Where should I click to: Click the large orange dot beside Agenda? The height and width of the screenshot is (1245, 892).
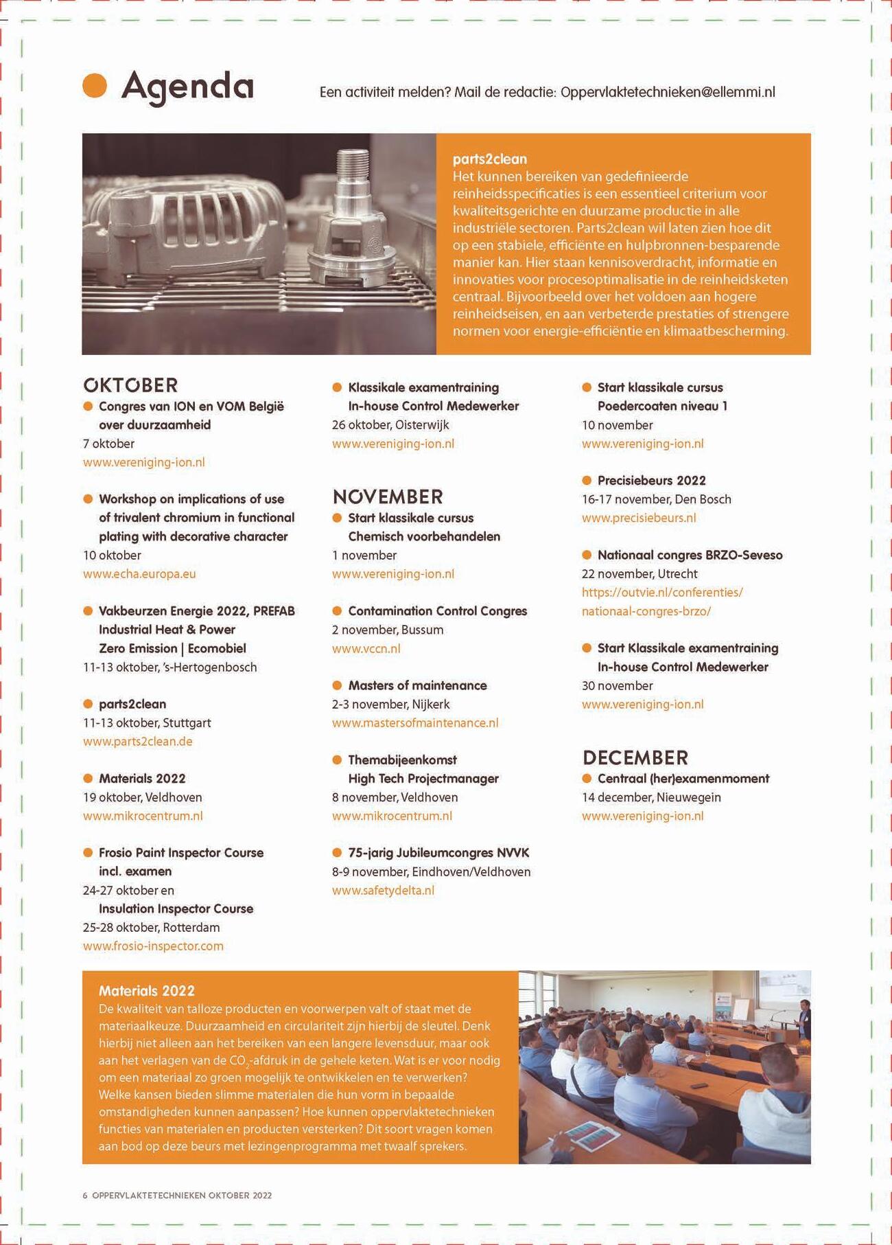(x=95, y=86)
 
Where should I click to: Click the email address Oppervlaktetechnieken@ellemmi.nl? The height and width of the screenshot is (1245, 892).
(x=668, y=92)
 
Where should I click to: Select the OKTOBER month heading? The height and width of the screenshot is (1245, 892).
(x=130, y=385)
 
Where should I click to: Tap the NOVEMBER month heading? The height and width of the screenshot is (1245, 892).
(x=388, y=496)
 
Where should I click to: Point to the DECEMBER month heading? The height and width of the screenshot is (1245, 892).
(x=635, y=757)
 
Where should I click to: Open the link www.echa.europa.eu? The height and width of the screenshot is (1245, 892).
(x=139, y=573)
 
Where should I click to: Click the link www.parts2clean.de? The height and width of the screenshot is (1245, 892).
(x=137, y=741)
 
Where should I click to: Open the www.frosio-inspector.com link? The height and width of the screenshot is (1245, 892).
(x=153, y=946)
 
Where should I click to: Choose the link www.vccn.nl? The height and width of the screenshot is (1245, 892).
(x=366, y=648)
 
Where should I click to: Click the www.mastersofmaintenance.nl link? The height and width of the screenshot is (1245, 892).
(x=414, y=722)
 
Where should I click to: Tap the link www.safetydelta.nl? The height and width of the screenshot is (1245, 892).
(x=383, y=890)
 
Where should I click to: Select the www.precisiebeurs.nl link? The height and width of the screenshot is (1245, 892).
(x=638, y=518)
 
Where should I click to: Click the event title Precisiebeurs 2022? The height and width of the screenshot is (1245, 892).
(x=651, y=481)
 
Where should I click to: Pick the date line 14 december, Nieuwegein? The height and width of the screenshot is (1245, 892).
(x=650, y=797)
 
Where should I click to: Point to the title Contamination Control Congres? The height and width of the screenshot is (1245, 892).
(x=437, y=611)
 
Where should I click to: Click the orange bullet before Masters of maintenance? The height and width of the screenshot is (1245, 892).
(x=337, y=685)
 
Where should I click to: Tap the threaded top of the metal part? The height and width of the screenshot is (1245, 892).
(x=353, y=168)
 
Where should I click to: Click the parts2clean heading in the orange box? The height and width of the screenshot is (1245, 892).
(x=489, y=159)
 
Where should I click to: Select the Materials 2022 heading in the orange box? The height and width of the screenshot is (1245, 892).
(x=146, y=990)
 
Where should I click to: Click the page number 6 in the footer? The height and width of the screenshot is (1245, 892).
(x=85, y=1195)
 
